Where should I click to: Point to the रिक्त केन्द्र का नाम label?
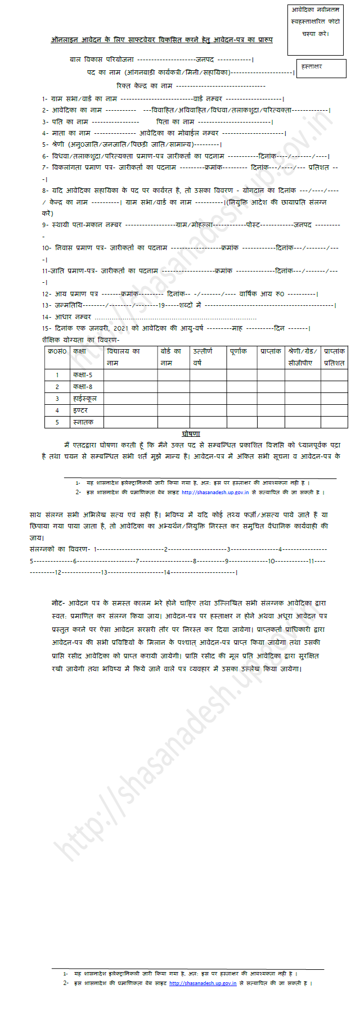(x=144, y=85)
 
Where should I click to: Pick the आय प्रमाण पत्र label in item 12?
(x=76, y=293)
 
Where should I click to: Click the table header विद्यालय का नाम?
(x=130, y=356)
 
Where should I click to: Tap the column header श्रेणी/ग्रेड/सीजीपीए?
(x=302, y=356)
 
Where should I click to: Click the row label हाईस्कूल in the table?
(x=84, y=398)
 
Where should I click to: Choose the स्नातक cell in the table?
(x=83, y=422)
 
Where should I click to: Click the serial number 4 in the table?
(x=57, y=410)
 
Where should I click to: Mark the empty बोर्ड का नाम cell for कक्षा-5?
(x=173, y=374)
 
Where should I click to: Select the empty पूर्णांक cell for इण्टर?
(x=241, y=410)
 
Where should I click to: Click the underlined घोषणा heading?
(x=191, y=433)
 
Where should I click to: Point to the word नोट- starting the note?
(x=58, y=602)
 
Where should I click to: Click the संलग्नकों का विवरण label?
(x=60, y=549)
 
